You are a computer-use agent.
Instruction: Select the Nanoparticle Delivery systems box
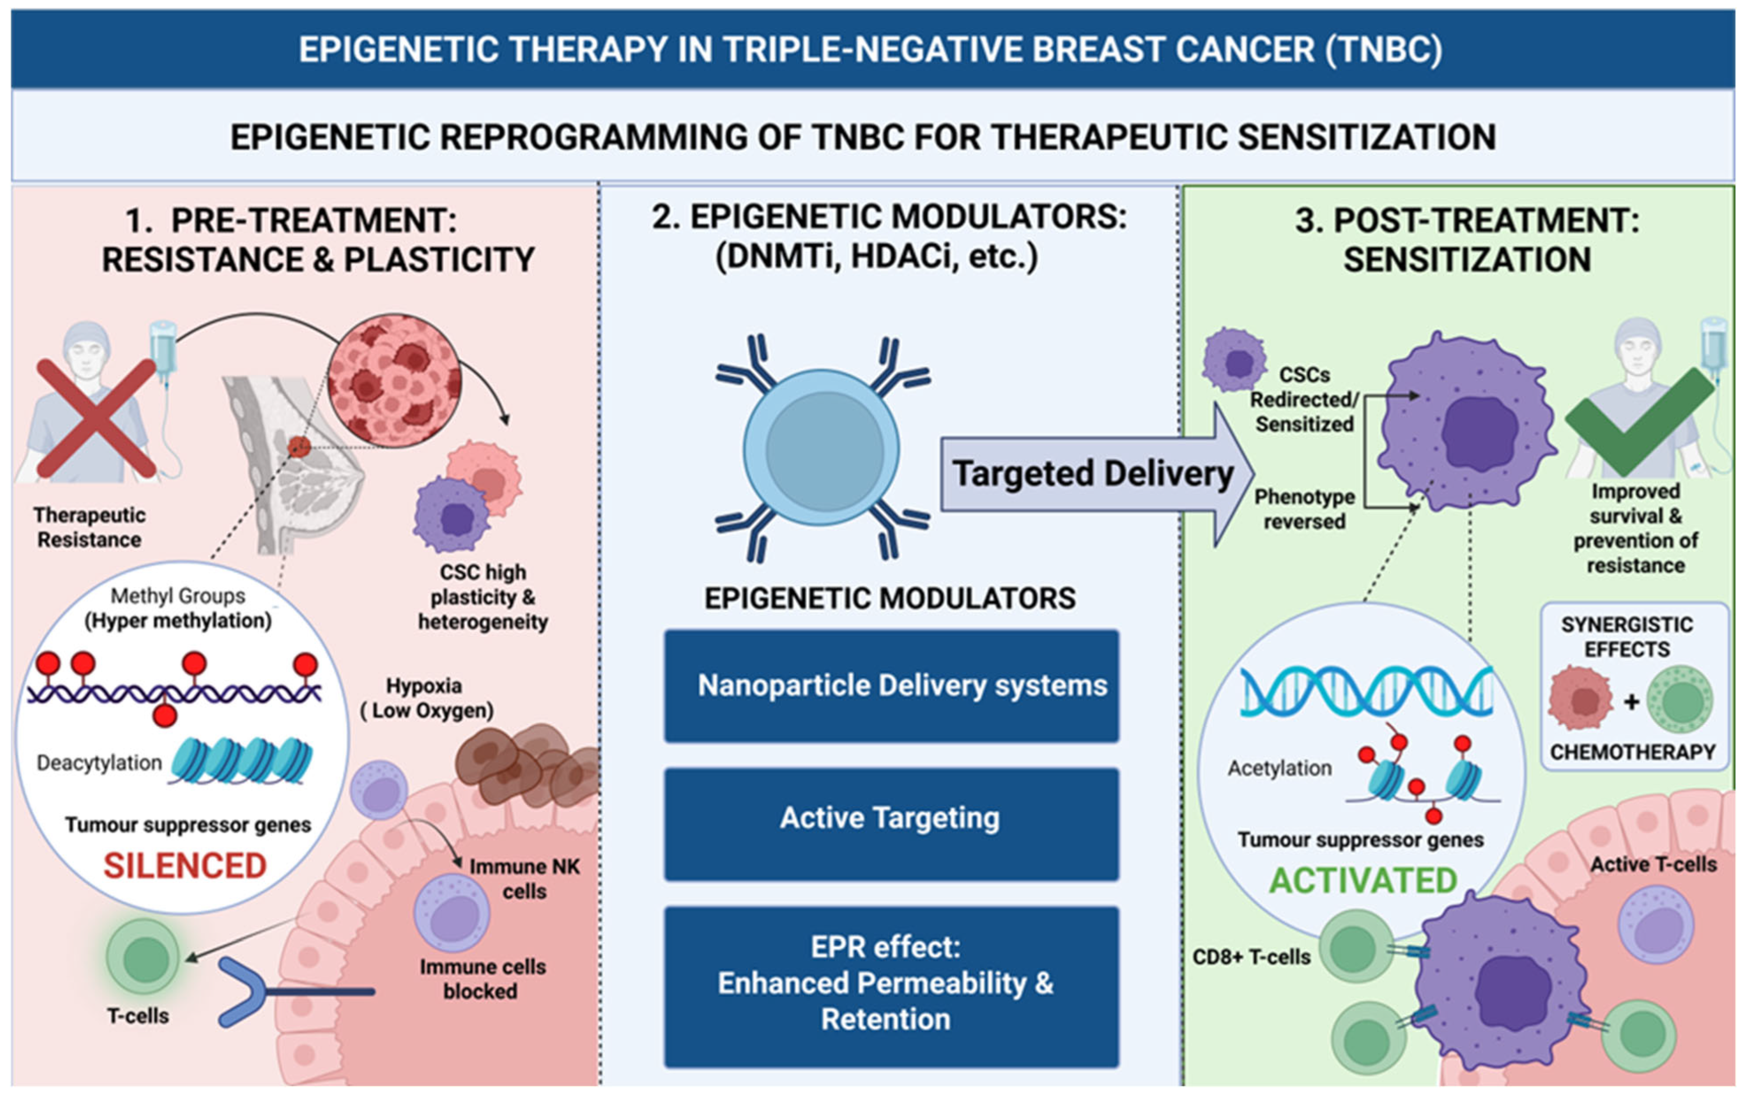[891, 686]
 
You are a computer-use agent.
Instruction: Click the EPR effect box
[891, 986]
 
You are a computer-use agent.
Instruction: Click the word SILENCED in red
[185, 866]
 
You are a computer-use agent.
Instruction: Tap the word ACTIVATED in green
[1363, 880]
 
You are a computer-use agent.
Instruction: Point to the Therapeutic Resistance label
[89, 527]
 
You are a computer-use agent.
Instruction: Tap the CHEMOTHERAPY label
[1633, 752]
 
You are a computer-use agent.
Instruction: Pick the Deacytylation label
[99, 763]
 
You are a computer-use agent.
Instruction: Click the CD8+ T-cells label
[1252, 957]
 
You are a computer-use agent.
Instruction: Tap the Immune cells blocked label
[482, 979]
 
